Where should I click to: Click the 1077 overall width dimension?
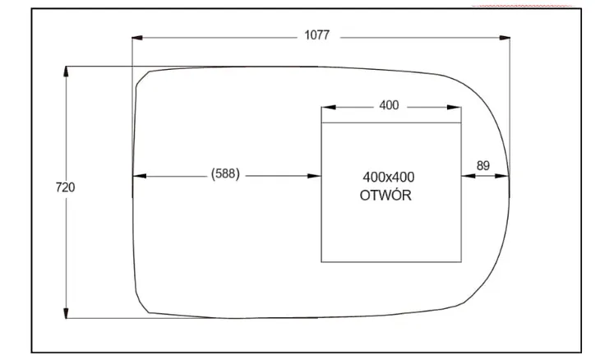pyautogui.click(x=316, y=35)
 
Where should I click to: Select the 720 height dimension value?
pyautogui.click(x=66, y=187)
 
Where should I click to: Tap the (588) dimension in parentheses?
pyautogui.click(x=225, y=173)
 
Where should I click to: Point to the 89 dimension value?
pyautogui.click(x=483, y=166)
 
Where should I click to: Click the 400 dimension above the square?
pyautogui.click(x=389, y=105)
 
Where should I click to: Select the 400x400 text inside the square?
pyautogui.click(x=389, y=178)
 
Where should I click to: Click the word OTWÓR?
pyautogui.click(x=385, y=195)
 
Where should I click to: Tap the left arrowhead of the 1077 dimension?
pyautogui.click(x=137, y=38)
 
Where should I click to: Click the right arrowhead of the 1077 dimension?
pyautogui.click(x=505, y=38)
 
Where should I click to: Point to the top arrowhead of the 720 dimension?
pyautogui.click(x=66, y=72)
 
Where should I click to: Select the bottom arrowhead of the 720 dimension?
pyautogui.click(x=66, y=312)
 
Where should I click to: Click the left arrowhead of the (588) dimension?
pyautogui.click(x=139, y=176)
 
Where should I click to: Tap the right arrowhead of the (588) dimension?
pyautogui.click(x=314, y=176)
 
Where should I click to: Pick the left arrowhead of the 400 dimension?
pyautogui.click(x=328, y=107)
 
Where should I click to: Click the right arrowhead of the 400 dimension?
pyautogui.click(x=455, y=107)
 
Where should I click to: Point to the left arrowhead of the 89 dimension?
pyautogui.click(x=468, y=176)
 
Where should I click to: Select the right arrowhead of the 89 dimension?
pyautogui.click(x=502, y=176)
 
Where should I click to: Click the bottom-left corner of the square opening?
pyautogui.click(x=321, y=262)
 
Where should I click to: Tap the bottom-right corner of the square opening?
pyautogui.click(x=461, y=262)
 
